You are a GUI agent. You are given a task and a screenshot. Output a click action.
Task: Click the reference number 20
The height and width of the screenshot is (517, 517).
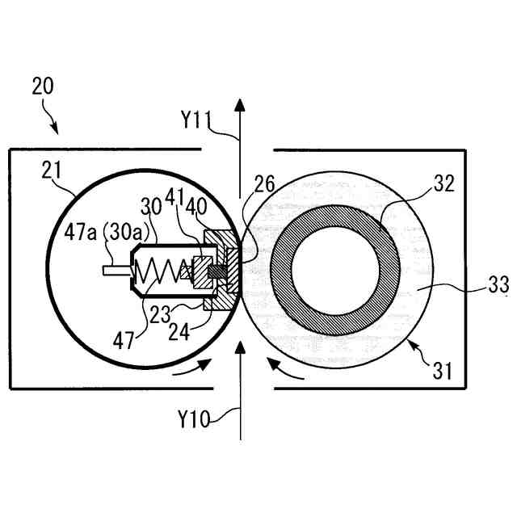(44, 86)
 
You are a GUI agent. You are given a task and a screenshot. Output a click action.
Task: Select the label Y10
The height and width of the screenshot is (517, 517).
(195, 418)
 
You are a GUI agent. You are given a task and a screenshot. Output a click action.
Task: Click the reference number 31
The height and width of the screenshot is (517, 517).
(442, 373)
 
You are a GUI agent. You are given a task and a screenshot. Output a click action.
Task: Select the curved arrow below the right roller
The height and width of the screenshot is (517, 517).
(286, 370)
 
